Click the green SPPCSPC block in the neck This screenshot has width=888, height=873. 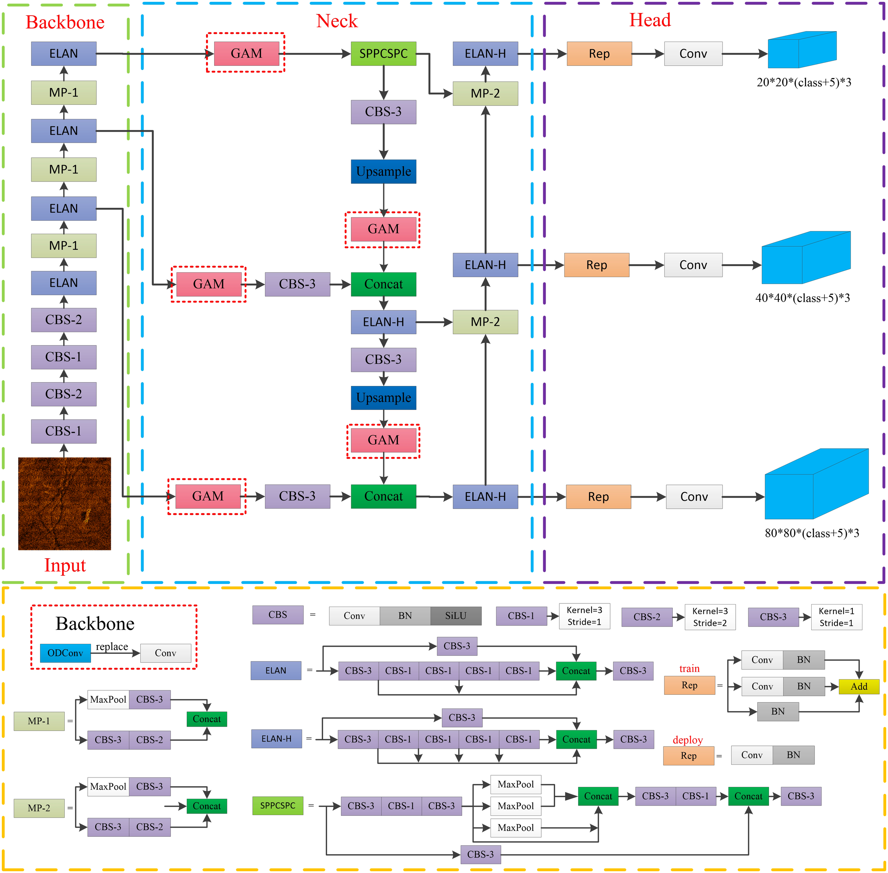(x=383, y=54)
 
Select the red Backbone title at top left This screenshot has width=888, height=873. (x=65, y=22)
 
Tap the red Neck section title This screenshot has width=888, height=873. (x=337, y=21)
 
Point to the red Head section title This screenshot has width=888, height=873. (x=650, y=20)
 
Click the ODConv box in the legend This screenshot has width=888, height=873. (x=65, y=653)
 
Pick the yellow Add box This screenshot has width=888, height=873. (x=859, y=687)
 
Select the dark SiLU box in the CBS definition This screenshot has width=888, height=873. (x=456, y=616)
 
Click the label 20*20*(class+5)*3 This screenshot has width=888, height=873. (x=804, y=82)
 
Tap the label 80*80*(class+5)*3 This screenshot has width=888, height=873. (x=812, y=533)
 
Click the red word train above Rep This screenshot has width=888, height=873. (x=689, y=668)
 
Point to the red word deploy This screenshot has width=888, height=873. (x=687, y=740)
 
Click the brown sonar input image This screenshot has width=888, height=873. (x=65, y=503)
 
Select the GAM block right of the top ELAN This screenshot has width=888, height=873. (x=247, y=54)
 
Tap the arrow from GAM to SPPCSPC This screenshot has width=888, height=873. (x=316, y=54)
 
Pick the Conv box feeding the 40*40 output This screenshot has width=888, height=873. (x=693, y=265)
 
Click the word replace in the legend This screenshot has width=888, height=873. (x=112, y=646)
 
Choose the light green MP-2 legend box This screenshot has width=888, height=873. (x=39, y=808)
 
